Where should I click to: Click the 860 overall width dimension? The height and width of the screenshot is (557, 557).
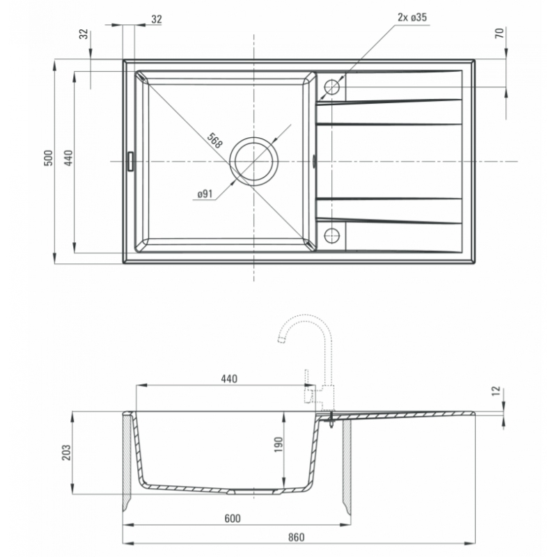tap(297, 537)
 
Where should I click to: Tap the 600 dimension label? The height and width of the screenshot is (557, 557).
tap(233, 518)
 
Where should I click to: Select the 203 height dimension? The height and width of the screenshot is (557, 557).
tap(66, 452)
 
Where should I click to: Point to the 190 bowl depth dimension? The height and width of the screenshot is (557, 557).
tap(278, 444)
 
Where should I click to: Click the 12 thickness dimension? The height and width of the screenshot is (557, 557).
tap(496, 391)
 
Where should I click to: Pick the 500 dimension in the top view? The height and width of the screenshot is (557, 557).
tap(48, 158)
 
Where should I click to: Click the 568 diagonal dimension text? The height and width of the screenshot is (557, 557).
tap(214, 141)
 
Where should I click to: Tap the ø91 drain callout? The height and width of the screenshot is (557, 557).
tap(205, 194)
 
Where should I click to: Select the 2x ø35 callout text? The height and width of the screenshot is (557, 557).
tap(412, 17)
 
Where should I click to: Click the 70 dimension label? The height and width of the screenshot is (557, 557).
tap(499, 33)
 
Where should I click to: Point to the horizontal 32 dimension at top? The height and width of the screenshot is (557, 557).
tap(156, 19)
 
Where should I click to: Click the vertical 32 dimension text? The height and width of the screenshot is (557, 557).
tap(83, 34)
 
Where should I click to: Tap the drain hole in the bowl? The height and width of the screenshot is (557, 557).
tap(253, 162)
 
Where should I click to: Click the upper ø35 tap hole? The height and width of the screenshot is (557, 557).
tap(332, 87)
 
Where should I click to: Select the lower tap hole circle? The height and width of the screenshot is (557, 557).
tap(332, 235)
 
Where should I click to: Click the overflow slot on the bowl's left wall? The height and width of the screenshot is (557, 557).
tap(130, 162)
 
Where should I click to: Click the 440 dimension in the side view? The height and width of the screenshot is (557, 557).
tap(229, 379)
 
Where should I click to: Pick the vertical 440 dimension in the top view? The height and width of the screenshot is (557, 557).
tap(69, 158)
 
